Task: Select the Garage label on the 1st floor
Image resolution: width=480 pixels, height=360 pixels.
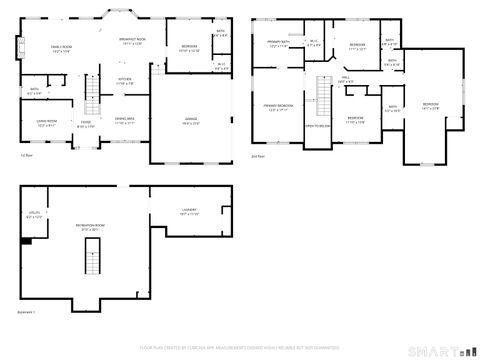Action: click(x=190, y=120)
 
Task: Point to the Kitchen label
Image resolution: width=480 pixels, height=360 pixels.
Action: click(x=125, y=81)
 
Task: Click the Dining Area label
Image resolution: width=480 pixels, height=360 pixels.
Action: click(x=125, y=120)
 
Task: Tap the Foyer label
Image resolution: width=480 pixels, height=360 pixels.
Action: click(x=87, y=124)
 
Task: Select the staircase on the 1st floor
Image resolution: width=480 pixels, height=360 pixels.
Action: click(x=95, y=99)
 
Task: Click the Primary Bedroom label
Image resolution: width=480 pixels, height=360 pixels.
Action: click(x=278, y=107)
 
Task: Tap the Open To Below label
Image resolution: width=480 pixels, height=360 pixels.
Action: click(x=319, y=126)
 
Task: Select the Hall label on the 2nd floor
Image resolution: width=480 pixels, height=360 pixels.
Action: click(x=345, y=78)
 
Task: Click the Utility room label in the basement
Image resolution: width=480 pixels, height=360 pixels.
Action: click(x=34, y=214)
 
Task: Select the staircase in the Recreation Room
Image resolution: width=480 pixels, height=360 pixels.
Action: click(x=92, y=258)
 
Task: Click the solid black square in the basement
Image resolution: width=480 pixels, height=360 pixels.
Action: click(x=27, y=240)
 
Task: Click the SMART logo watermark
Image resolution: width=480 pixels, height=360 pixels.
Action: click(x=444, y=350)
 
